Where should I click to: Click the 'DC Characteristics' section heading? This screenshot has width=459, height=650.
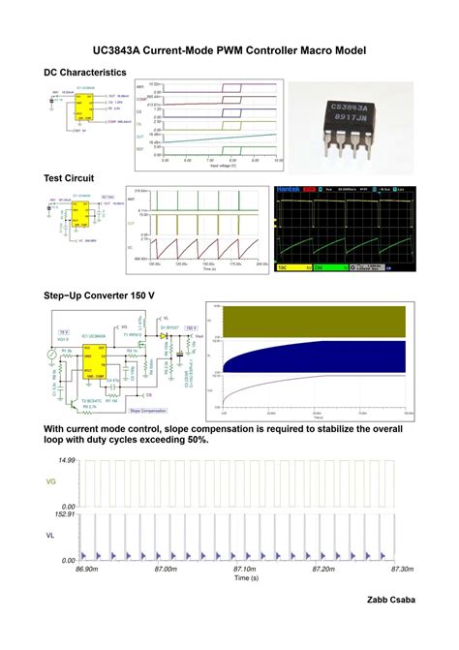click(85, 73)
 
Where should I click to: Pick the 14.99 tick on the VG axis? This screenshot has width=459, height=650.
click(66, 460)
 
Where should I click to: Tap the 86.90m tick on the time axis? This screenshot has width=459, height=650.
click(86, 570)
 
